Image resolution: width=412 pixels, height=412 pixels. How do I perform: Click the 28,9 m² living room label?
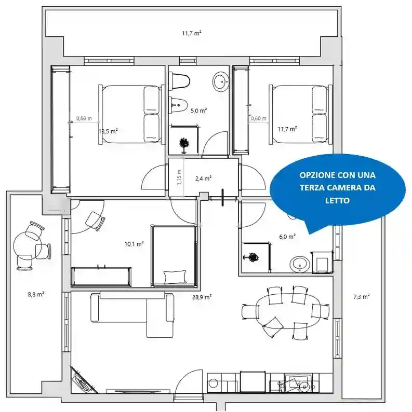click(202, 297)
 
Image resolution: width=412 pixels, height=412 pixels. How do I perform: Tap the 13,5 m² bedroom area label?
click(108, 131)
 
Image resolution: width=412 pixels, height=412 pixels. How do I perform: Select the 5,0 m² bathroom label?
click(198, 111)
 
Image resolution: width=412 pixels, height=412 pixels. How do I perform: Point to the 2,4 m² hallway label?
click(203, 178)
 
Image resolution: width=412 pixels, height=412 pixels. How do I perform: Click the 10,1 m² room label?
click(134, 244)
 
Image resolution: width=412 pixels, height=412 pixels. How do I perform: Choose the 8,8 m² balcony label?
click(36, 294)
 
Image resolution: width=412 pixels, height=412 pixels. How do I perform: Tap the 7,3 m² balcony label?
click(362, 297)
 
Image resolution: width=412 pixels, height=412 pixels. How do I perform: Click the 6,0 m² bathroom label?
click(287, 237)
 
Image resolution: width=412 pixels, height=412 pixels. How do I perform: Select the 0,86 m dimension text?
click(84, 118)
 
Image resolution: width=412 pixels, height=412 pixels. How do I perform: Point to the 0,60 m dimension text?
click(259, 118)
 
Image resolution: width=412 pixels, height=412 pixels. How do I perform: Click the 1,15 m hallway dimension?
click(179, 177)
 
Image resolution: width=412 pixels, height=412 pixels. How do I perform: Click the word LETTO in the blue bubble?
click(338, 200)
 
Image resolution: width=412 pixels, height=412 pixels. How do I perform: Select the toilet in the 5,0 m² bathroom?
click(180, 80)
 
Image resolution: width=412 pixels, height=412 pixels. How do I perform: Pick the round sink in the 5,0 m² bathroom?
click(220, 82)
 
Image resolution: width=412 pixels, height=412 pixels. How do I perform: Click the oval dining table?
click(289, 311)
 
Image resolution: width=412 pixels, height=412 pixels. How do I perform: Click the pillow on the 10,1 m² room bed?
click(175, 277)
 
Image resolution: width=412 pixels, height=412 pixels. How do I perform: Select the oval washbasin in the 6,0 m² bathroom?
click(300, 264)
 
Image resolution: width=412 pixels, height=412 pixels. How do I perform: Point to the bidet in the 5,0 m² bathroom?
click(178, 104)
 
